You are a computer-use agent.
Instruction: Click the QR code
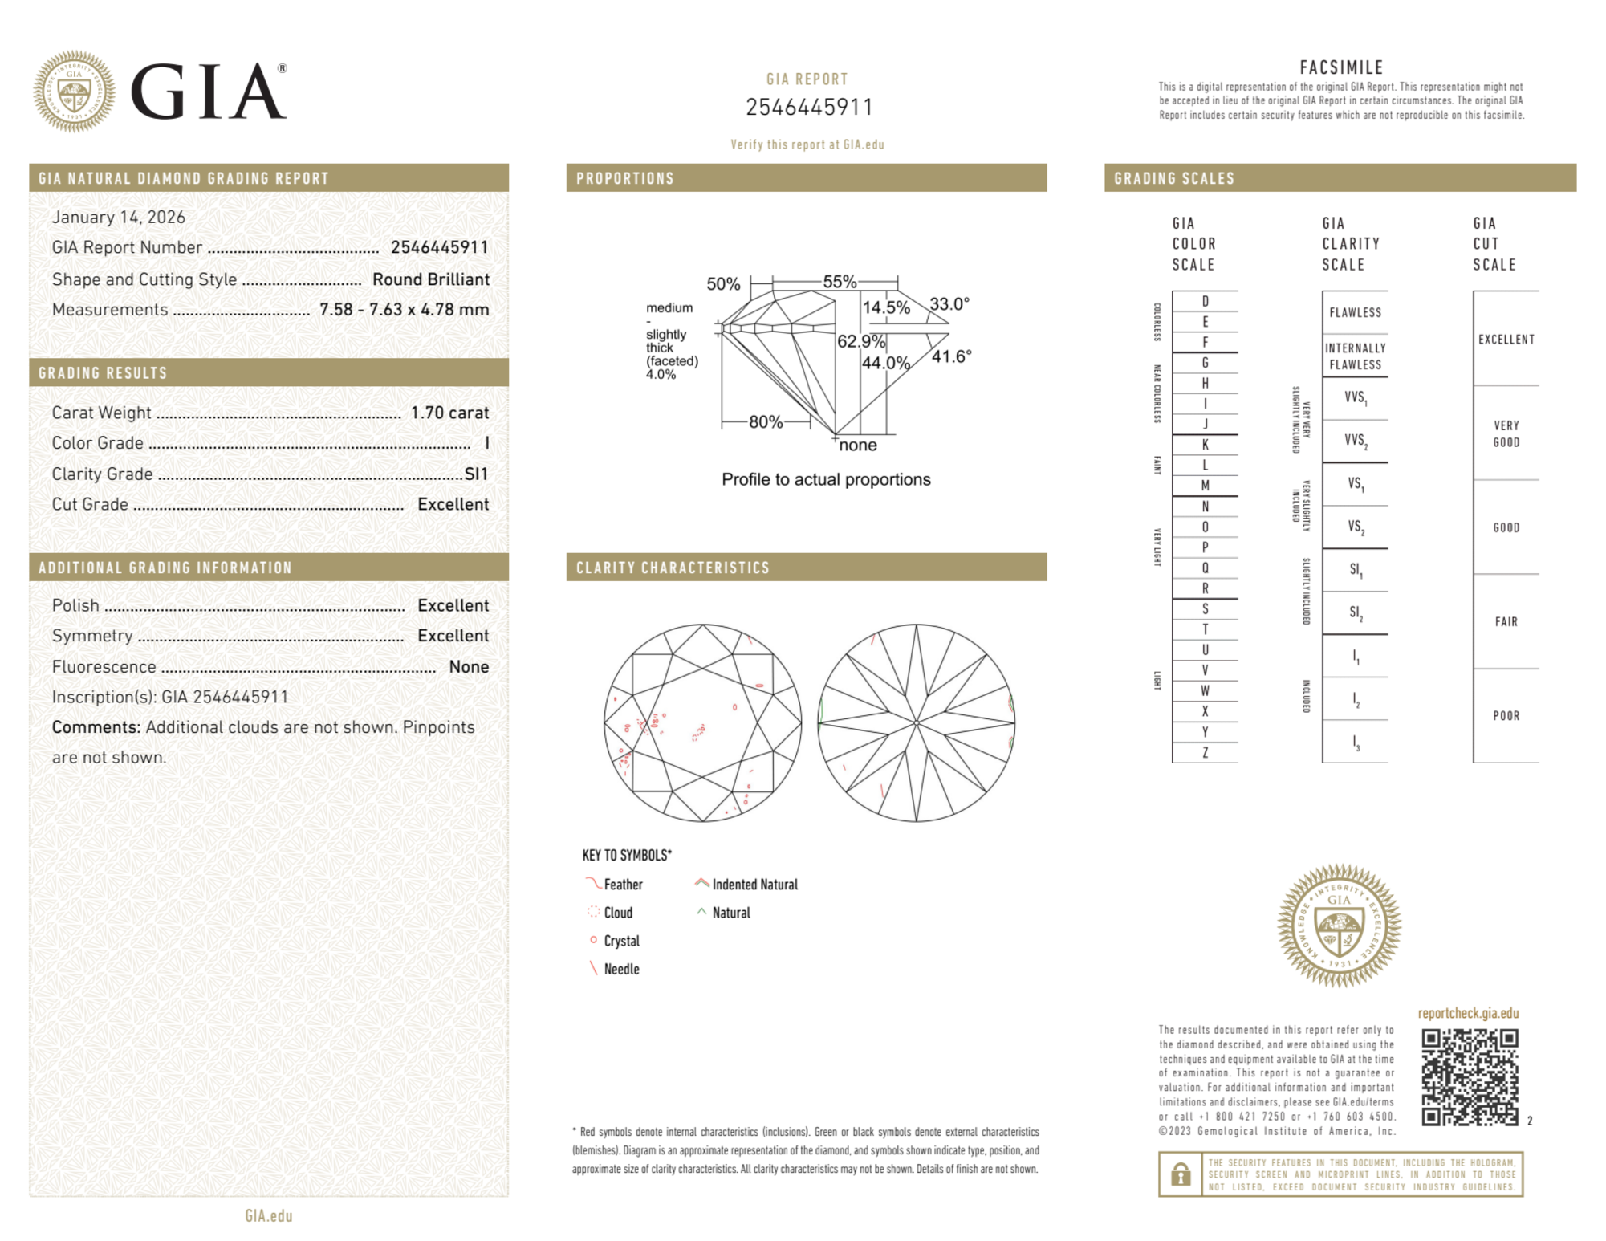pos(1469,1077)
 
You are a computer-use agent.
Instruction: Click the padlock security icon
pos(1180,1174)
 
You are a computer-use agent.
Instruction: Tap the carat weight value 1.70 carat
pos(449,413)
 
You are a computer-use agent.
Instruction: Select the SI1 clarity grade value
pos(476,474)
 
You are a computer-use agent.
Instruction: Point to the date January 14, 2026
pos(119,217)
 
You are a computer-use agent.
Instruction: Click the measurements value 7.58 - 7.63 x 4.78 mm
pos(404,310)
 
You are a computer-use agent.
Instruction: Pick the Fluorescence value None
pos(469,666)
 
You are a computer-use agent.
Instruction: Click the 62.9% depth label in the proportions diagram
pos(860,341)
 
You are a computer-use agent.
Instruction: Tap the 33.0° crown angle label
pos(949,304)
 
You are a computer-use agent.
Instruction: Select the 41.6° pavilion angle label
pos(951,356)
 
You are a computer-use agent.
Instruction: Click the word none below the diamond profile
pos(858,446)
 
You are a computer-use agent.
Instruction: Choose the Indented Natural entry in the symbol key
pos(754,885)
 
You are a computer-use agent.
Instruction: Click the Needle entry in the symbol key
pos(621,970)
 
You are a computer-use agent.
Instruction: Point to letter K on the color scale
pos(1205,445)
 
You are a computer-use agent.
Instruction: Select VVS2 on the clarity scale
pos(1356,441)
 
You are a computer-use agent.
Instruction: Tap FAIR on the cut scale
pos(1506,621)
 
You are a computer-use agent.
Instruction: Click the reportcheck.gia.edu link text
pos(1468,1013)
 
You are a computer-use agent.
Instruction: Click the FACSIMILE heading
pos(1341,67)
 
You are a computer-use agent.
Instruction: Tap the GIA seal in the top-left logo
pos(74,92)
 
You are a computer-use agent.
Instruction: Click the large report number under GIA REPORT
pos(808,107)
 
